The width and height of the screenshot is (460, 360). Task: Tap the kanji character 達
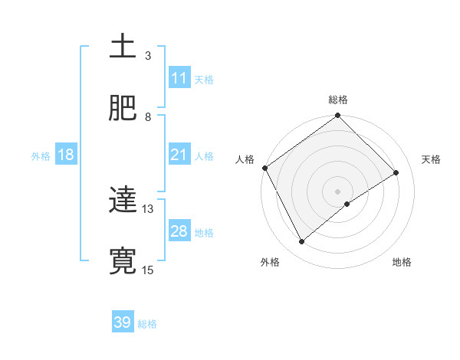pos(123,200)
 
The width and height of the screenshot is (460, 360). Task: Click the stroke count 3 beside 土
pos(148,56)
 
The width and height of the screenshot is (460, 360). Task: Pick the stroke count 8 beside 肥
pos(148,117)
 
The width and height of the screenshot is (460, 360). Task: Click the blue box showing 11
pos(179,78)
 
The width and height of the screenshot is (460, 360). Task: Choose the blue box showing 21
pos(179,155)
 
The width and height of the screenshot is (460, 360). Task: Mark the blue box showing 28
pos(179,231)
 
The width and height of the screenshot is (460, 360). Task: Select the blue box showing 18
pos(66,155)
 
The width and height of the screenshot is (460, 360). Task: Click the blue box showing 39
pos(122,322)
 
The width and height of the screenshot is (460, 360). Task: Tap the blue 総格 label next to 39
pos(147,324)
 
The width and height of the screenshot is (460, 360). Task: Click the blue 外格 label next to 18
pos(41,156)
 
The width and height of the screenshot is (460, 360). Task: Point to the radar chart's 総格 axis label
pos(338,100)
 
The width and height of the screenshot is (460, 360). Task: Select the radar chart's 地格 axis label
pos(402,262)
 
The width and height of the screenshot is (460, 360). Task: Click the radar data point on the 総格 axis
pos(338,116)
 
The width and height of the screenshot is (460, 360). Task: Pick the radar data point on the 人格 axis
pos(264,168)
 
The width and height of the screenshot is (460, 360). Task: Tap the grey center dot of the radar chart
pos(338,191)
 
